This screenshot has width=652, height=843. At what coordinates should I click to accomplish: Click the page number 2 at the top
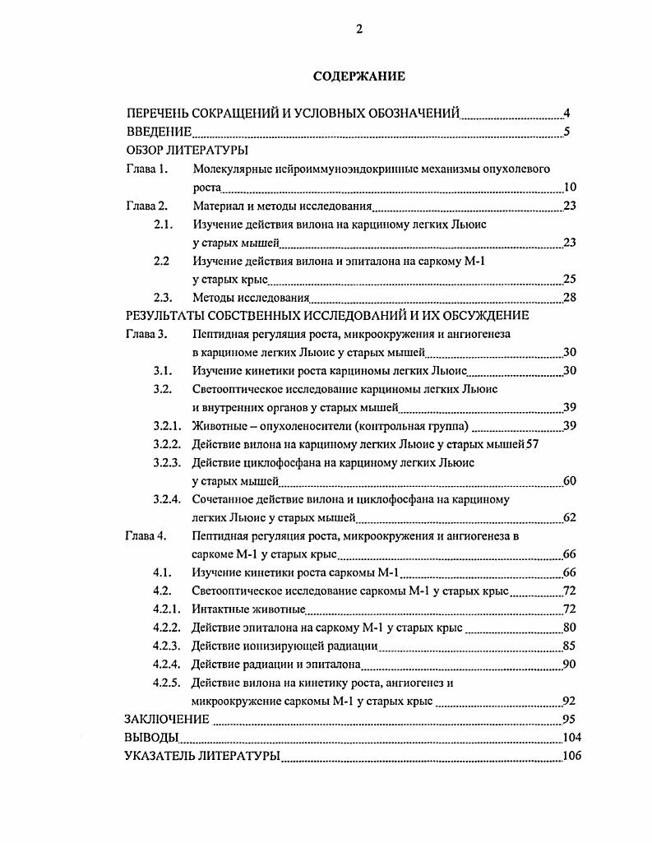point(359,30)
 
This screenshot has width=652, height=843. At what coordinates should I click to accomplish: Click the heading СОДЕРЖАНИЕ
point(358,76)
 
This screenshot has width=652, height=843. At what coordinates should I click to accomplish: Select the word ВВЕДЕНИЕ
point(159,132)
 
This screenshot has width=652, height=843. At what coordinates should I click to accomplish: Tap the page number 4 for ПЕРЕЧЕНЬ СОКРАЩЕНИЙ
point(567,113)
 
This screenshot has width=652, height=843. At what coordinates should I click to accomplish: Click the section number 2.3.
point(164,298)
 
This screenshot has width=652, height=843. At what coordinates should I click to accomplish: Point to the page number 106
point(571,756)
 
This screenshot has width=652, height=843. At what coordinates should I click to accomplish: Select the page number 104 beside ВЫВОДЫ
point(571,738)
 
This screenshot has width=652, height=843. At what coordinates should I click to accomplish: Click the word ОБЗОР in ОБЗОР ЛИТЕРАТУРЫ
point(145,151)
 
